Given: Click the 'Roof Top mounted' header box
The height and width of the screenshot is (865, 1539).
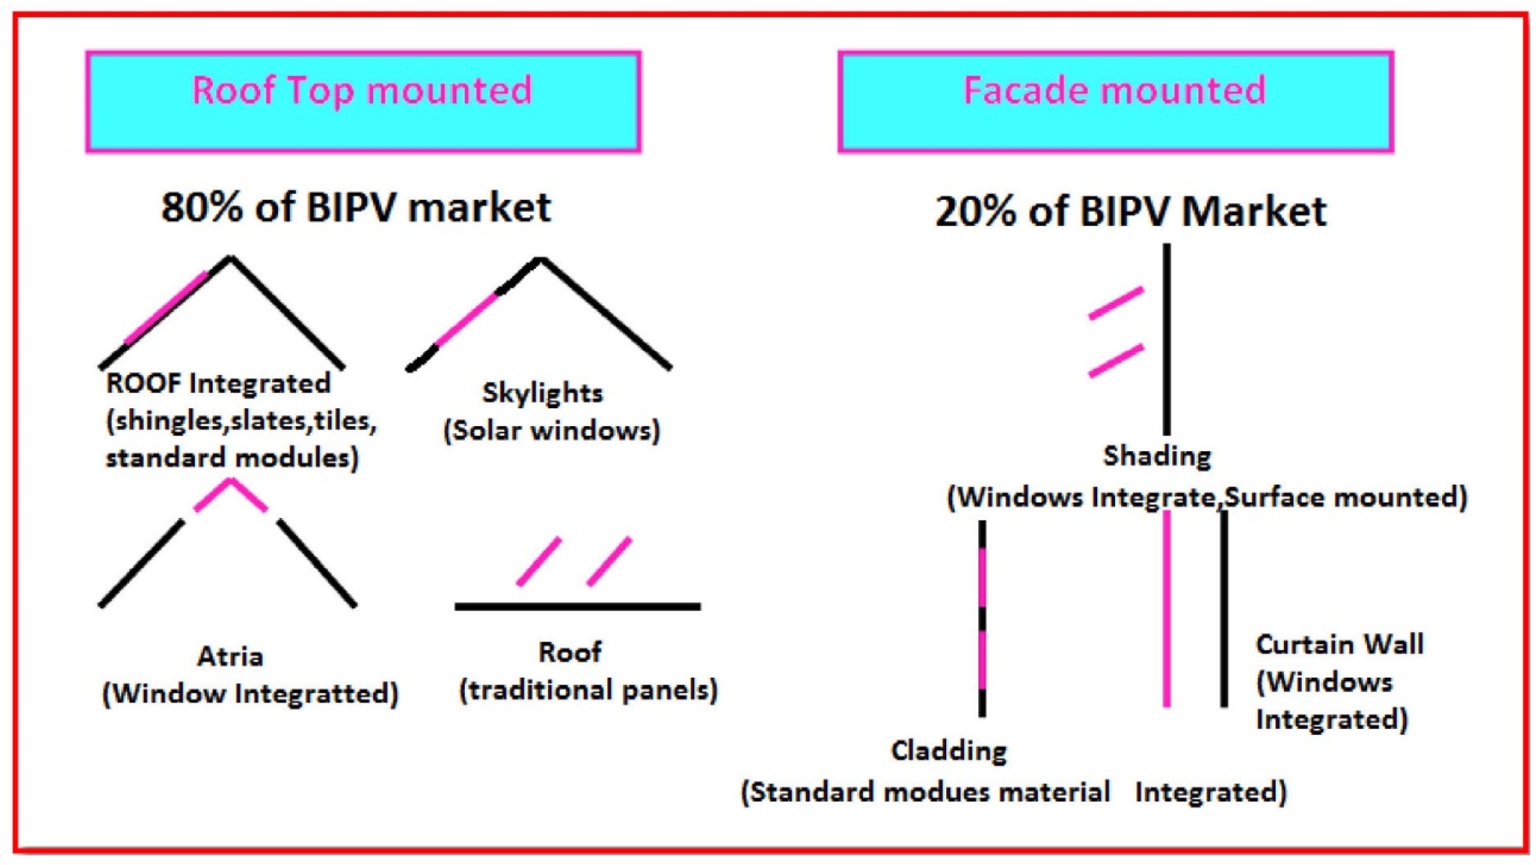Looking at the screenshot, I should pos(363,102).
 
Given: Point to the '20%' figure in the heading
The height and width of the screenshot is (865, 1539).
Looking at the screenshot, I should pos(975,212).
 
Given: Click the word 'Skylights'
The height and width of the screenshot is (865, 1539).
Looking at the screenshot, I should pos(542,393).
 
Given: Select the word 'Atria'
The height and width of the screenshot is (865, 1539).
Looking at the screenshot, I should pos(230,656).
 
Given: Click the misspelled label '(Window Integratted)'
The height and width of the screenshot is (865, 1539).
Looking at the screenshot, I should pos(250,694).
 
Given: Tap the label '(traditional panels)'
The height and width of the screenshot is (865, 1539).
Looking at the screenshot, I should pos(588,690).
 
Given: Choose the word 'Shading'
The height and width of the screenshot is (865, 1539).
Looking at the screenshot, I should pos(1156,456).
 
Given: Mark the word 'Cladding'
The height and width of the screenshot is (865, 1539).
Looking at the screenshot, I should pos(949,751).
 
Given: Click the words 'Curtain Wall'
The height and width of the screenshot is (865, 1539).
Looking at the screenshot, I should pos(1340,645).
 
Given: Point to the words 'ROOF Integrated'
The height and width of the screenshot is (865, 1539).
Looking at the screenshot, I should pos(218,383).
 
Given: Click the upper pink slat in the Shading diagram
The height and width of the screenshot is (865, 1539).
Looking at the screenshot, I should pos(1116,303).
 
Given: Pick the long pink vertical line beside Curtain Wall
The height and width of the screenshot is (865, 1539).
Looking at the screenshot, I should pos(1166,610).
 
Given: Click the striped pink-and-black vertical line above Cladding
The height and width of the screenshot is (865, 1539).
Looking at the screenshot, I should pos(981,619).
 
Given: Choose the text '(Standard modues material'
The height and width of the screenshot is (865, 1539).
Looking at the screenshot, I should pos(925,793).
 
